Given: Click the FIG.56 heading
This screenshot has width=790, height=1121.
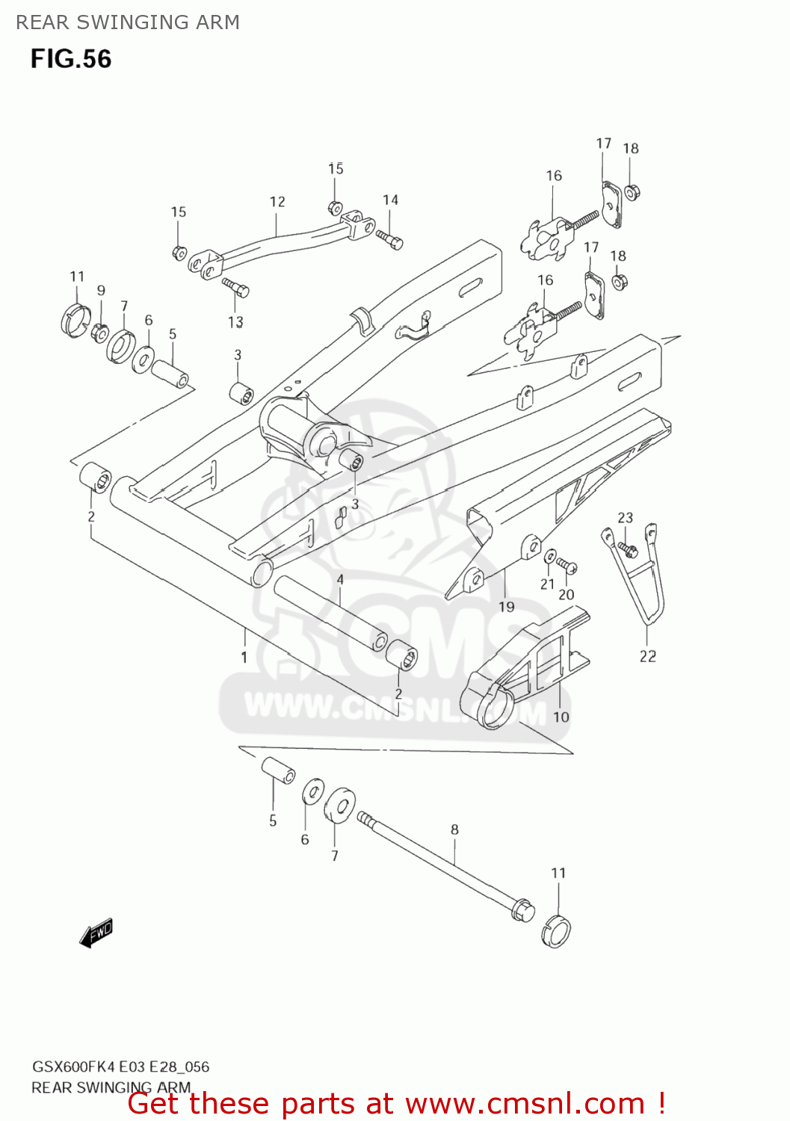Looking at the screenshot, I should (x=71, y=59).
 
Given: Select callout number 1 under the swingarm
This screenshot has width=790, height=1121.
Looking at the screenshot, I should (x=244, y=658).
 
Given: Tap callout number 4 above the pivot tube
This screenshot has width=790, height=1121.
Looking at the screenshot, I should (x=340, y=579).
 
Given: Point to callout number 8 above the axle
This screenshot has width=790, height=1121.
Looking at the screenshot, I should (x=454, y=829).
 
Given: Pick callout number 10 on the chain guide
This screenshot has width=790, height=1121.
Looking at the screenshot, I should (x=561, y=717).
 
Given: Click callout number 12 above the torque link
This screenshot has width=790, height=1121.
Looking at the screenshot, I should (x=277, y=202).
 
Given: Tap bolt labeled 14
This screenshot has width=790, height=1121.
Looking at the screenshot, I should (x=389, y=238).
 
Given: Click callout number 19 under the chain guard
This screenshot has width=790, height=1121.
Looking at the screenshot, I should (x=507, y=606).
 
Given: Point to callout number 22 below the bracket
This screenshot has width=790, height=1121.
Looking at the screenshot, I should (x=647, y=656).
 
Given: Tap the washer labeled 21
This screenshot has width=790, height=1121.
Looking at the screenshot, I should (x=550, y=556).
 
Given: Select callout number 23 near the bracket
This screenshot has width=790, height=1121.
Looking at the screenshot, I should (x=625, y=517).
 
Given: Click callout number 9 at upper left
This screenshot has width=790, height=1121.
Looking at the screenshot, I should (x=101, y=291).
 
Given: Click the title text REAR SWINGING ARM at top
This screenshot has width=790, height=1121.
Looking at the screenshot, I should (x=128, y=22).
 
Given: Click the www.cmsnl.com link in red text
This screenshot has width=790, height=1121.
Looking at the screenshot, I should (x=525, y=1104).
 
